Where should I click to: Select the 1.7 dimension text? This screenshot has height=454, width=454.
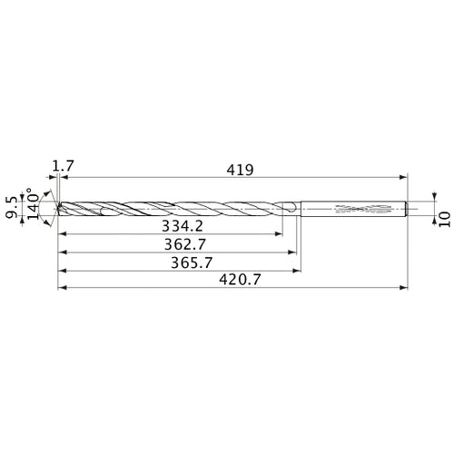pyautogui.click(x=62, y=166)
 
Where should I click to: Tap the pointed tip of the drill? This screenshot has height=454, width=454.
pyautogui.click(x=57, y=209)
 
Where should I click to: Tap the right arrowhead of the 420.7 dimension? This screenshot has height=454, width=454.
pyautogui.click(x=405, y=290)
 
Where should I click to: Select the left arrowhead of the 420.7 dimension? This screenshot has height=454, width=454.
pyautogui.click(x=61, y=290)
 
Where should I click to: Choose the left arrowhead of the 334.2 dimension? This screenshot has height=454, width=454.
pyautogui.click(x=62, y=233)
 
